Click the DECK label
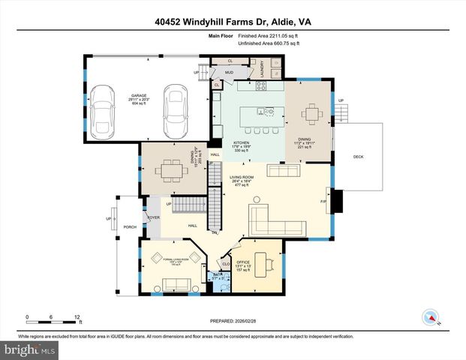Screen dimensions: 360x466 pos(359,156)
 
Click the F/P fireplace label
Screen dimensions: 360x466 pos(324,201)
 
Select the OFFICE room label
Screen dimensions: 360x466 pos(244,262)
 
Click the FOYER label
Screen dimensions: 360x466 pos(153,217)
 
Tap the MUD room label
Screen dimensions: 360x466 pos(230,73)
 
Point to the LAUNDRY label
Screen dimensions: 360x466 pos(262,69)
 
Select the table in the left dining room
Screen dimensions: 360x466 pos(173,167)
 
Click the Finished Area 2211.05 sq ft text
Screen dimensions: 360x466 pos(269,36)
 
